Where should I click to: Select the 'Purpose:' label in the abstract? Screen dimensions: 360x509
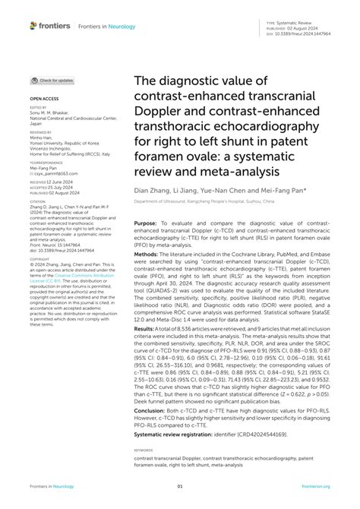[x=148, y=224]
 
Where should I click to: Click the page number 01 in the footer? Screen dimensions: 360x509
[x=180, y=486]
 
